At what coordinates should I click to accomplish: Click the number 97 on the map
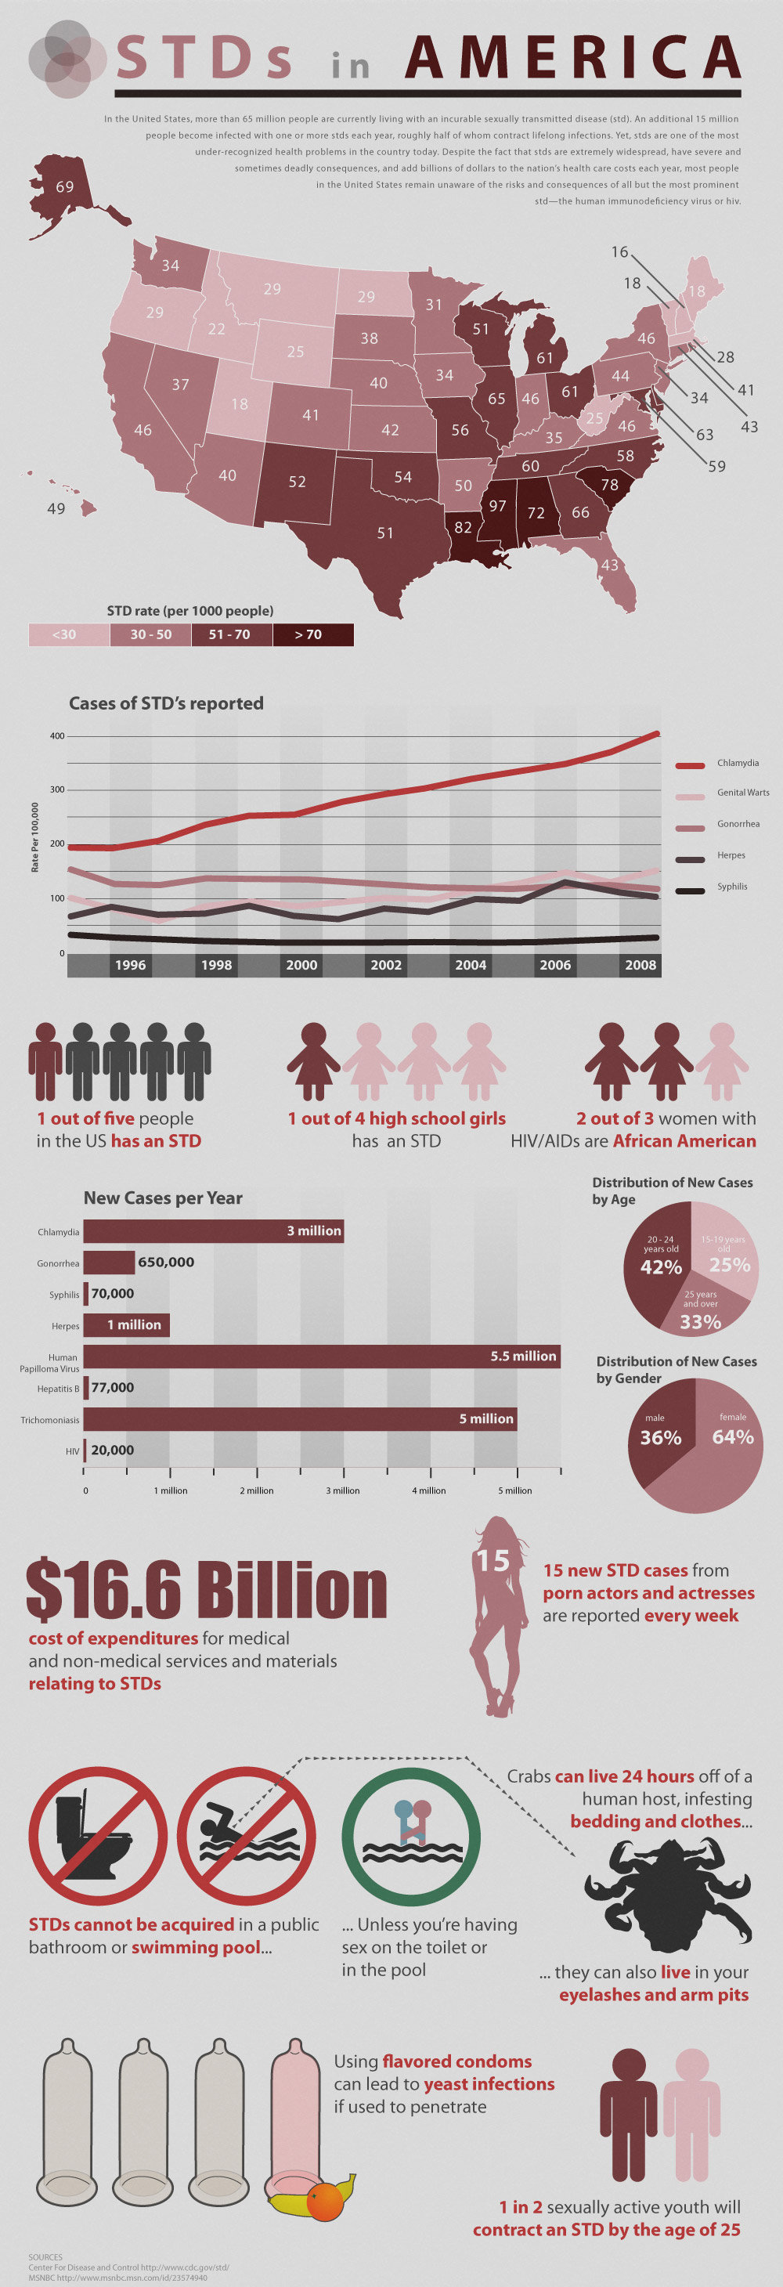point(497,506)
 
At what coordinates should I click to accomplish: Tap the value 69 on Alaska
point(65,187)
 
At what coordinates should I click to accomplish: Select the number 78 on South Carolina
point(609,485)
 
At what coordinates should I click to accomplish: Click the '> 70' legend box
point(312,634)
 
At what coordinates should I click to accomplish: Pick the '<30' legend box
point(68,634)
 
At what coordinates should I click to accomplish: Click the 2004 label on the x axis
point(471,965)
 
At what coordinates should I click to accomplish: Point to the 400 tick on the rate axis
point(57,736)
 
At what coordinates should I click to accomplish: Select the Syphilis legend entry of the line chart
point(731,886)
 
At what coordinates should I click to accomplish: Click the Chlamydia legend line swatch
point(690,764)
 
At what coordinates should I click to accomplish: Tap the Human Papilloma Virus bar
point(321,1356)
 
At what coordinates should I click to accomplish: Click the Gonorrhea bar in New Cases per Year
point(108,1262)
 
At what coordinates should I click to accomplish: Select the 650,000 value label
point(166,1262)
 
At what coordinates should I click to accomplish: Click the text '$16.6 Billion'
point(207,1588)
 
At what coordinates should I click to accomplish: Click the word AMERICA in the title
point(572,58)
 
